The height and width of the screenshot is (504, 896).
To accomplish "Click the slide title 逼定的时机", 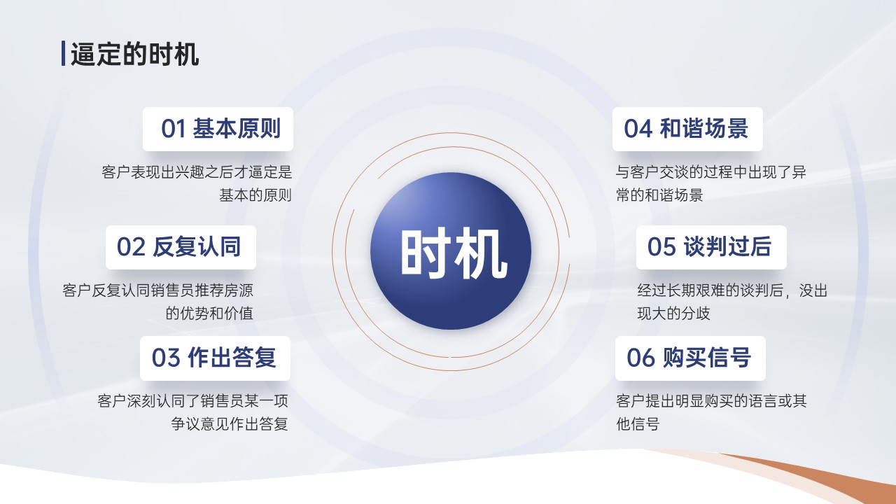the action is tap(135, 54).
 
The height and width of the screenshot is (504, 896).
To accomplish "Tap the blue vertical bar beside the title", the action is tap(63, 53).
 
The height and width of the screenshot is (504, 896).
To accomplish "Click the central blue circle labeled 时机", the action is tap(451, 251).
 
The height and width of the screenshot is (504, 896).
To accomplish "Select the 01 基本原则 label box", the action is tap(218, 129).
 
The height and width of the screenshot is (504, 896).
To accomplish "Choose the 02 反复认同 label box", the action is tap(181, 247).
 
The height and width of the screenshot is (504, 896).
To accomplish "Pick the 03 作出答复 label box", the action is tap(215, 358).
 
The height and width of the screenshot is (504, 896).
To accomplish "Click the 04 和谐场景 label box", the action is tap(687, 129).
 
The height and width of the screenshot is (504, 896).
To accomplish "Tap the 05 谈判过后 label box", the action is tap(711, 247).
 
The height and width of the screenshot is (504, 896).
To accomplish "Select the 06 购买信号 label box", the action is tap(690, 358).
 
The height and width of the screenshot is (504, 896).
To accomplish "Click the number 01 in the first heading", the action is tap(174, 129).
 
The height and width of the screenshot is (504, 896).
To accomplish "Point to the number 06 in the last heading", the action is tap(639, 358).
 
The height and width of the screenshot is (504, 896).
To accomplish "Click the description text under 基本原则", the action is tap(197, 183).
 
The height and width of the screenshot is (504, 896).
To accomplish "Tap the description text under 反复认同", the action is tap(158, 302).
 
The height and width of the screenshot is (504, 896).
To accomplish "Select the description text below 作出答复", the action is tap(192, 412).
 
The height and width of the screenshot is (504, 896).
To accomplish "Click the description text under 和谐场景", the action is tap(710, 183).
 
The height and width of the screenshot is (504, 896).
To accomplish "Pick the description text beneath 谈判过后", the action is tap(732, 302).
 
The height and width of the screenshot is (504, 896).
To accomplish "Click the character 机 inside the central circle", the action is tap(480, 253).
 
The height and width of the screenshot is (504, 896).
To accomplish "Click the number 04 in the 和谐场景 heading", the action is tap(637, 129).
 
